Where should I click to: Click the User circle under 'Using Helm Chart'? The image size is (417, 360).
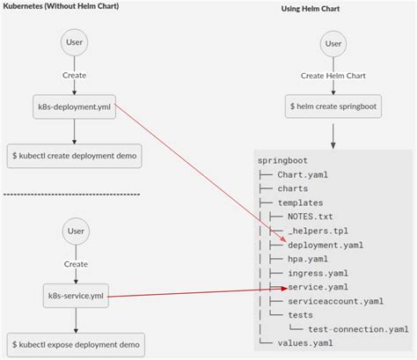[x=333, y=43]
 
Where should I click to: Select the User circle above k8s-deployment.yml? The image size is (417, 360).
[x=74, y=43]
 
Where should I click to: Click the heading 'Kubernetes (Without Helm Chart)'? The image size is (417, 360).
[x=60, y=6]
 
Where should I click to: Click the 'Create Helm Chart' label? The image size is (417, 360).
[x=333, y=76]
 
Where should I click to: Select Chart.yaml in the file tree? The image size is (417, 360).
[x=302, y=174]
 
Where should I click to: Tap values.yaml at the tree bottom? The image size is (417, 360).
[x=304, y=343]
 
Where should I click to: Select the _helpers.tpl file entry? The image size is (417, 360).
[x=318, y=231]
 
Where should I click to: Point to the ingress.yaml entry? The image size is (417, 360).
[x=315, y=273]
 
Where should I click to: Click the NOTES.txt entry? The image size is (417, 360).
[x=311, y=217]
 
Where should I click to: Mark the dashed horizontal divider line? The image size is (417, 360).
[x=72, y=194]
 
